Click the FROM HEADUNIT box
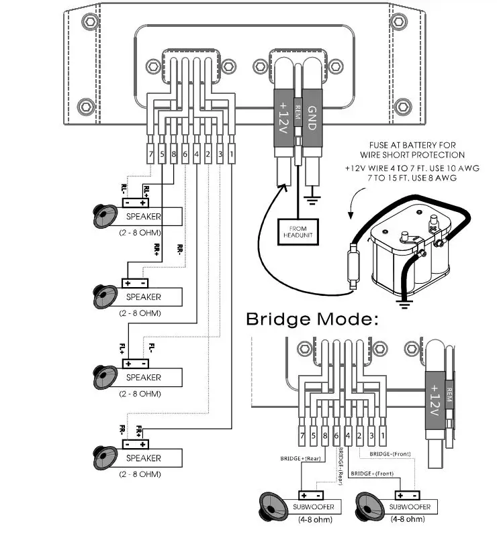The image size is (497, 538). pyautogui.click(x=298, y=232)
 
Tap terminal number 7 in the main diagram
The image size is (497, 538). pyautogui.click(x=150, y=154)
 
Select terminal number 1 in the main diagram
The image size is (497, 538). pyautogui.click(x=232, y=154)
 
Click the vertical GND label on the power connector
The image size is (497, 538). pyautogui.click(x=312, y=117)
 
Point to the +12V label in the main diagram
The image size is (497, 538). pyautogui.click(x=283, y=117)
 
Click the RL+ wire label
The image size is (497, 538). pyautogui.click(x=146, y=191)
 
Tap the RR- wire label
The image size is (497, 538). pyautogui.click(x=179, y=250)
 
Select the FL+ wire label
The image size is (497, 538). pyautogui.click(x=122, y=349)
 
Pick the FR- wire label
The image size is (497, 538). pyautogui.click(x=122, y=430)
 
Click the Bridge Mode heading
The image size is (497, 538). pyautogui.click(x=312, y=319)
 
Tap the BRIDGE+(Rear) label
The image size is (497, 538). pyautogui.click(x=300, y=458)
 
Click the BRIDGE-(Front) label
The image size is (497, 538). pyautogui.click(x=390, y=454)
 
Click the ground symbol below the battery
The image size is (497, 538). pyautogui.click(x=404, y=305)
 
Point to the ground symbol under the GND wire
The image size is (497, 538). pyautogui.click(x=312, y=200)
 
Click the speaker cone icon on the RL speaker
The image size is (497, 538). pyautogui.click(x=105, y=216)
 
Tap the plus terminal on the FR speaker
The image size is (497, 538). pyautogui.click(x=143, y=445)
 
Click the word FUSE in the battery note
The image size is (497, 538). pyautogui.click(x=378, y=145)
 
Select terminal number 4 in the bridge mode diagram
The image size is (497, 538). pyautogui.click(x=348, y=436)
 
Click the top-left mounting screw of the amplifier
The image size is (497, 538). pyautogui.click(x=90, y=21)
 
